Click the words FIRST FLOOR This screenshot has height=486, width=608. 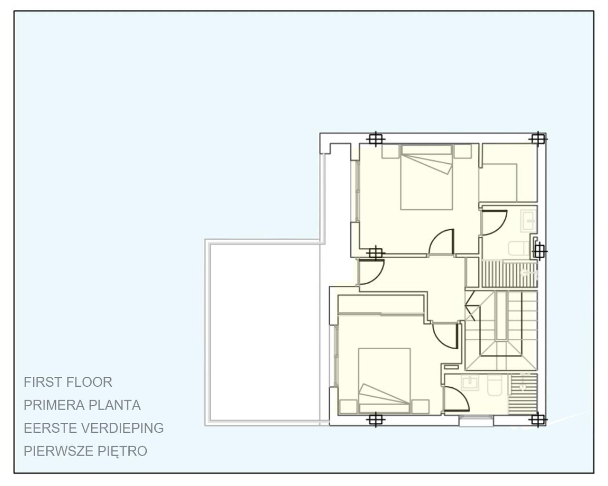point(68,382)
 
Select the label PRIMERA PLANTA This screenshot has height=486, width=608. point(82,405)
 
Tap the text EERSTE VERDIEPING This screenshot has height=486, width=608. point(94,428)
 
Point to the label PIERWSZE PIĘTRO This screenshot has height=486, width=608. point(85,451)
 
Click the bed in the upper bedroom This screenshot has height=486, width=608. point(426,178)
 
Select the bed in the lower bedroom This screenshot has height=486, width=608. point(384,380)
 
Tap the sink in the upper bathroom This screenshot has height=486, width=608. point(528,221)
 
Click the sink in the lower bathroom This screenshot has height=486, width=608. point(470,383)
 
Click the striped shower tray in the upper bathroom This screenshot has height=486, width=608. point(509,274)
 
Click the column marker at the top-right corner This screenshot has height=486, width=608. point(537,139)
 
